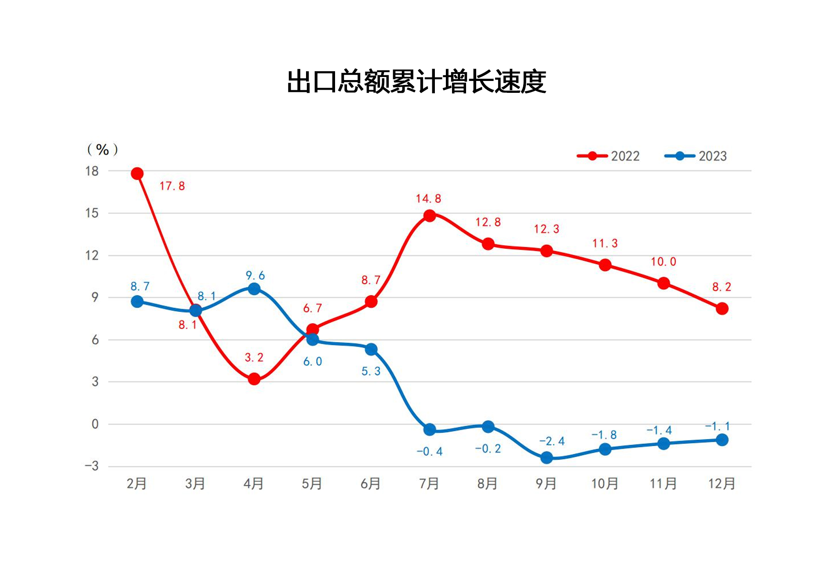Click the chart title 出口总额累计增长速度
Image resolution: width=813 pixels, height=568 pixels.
pos(416,82)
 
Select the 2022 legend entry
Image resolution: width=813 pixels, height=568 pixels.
pos(608,156)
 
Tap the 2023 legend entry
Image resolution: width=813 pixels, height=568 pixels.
pos(696,156)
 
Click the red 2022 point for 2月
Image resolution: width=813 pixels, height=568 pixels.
pos(137,173)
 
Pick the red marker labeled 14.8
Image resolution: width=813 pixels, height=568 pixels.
pos(430,216)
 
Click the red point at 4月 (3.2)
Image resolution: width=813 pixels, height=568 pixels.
pos(254,379)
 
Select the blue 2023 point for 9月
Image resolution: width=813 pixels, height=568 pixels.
pos(547,458)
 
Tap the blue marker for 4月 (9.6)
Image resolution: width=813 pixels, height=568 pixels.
pos(254,289)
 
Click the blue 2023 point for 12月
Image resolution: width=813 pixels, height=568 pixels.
pos(722,440)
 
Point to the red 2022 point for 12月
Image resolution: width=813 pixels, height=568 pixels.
pos(722,308)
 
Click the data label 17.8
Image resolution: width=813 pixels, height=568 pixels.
pos(172,186)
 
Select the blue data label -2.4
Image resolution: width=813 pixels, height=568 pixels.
pos(552,441)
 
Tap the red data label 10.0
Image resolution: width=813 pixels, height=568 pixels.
pos(663,262)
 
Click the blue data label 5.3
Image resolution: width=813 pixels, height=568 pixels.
pos(371,371)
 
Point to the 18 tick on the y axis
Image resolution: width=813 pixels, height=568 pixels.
pos(92,171)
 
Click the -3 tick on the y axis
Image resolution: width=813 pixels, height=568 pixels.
pos(92,466)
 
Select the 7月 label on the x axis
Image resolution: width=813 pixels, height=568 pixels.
pos(429,484)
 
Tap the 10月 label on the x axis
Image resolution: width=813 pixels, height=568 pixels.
pos(605,484)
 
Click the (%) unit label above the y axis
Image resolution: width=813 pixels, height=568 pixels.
pos(102,150)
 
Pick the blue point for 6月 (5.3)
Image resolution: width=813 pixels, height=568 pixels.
pos(371,349)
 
